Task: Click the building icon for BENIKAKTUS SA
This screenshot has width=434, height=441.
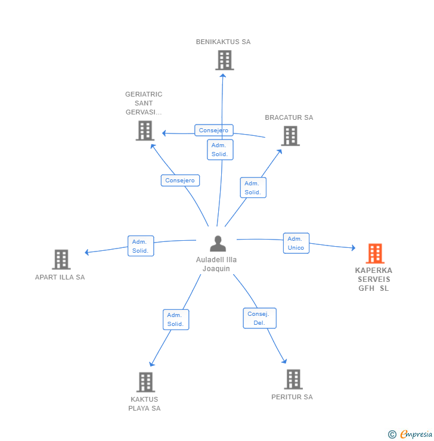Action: click(x=224, y=60)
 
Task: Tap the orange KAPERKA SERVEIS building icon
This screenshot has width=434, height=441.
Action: click(x=375, y=254)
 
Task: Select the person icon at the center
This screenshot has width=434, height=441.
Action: click(x=218, y=244)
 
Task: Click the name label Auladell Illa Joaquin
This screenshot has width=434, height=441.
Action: click(x=216, y=264)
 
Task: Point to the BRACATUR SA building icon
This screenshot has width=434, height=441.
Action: click(x=290, y=136)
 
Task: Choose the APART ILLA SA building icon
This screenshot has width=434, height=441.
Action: click(x=61, y=260)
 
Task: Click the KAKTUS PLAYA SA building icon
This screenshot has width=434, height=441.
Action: click(x=145, y=382)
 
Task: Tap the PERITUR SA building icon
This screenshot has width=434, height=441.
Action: click(x=293, y=379)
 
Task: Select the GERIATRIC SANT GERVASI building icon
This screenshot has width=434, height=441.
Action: click(x=145, y=131)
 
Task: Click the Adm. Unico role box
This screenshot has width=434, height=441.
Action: click(x=296, y=243)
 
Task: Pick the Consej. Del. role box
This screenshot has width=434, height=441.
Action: click(x=259, y=318)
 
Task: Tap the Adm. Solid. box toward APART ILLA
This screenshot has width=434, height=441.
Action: click(x=141, y=246)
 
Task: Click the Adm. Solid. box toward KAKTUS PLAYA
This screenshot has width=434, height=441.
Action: click(x=175, y=319)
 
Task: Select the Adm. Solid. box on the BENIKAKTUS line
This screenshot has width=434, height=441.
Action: click(x=220, y=150)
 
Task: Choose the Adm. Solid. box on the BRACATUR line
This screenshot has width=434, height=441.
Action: click(x=253, y=188)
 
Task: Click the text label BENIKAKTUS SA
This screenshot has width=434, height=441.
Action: click(x=224, y=42)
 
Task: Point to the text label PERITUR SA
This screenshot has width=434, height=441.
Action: click(x=292, y=397)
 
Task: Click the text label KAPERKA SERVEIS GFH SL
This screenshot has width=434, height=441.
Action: click(x=374, y=279)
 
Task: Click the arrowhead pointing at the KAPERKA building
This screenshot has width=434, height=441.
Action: click(x=353, y=248)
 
